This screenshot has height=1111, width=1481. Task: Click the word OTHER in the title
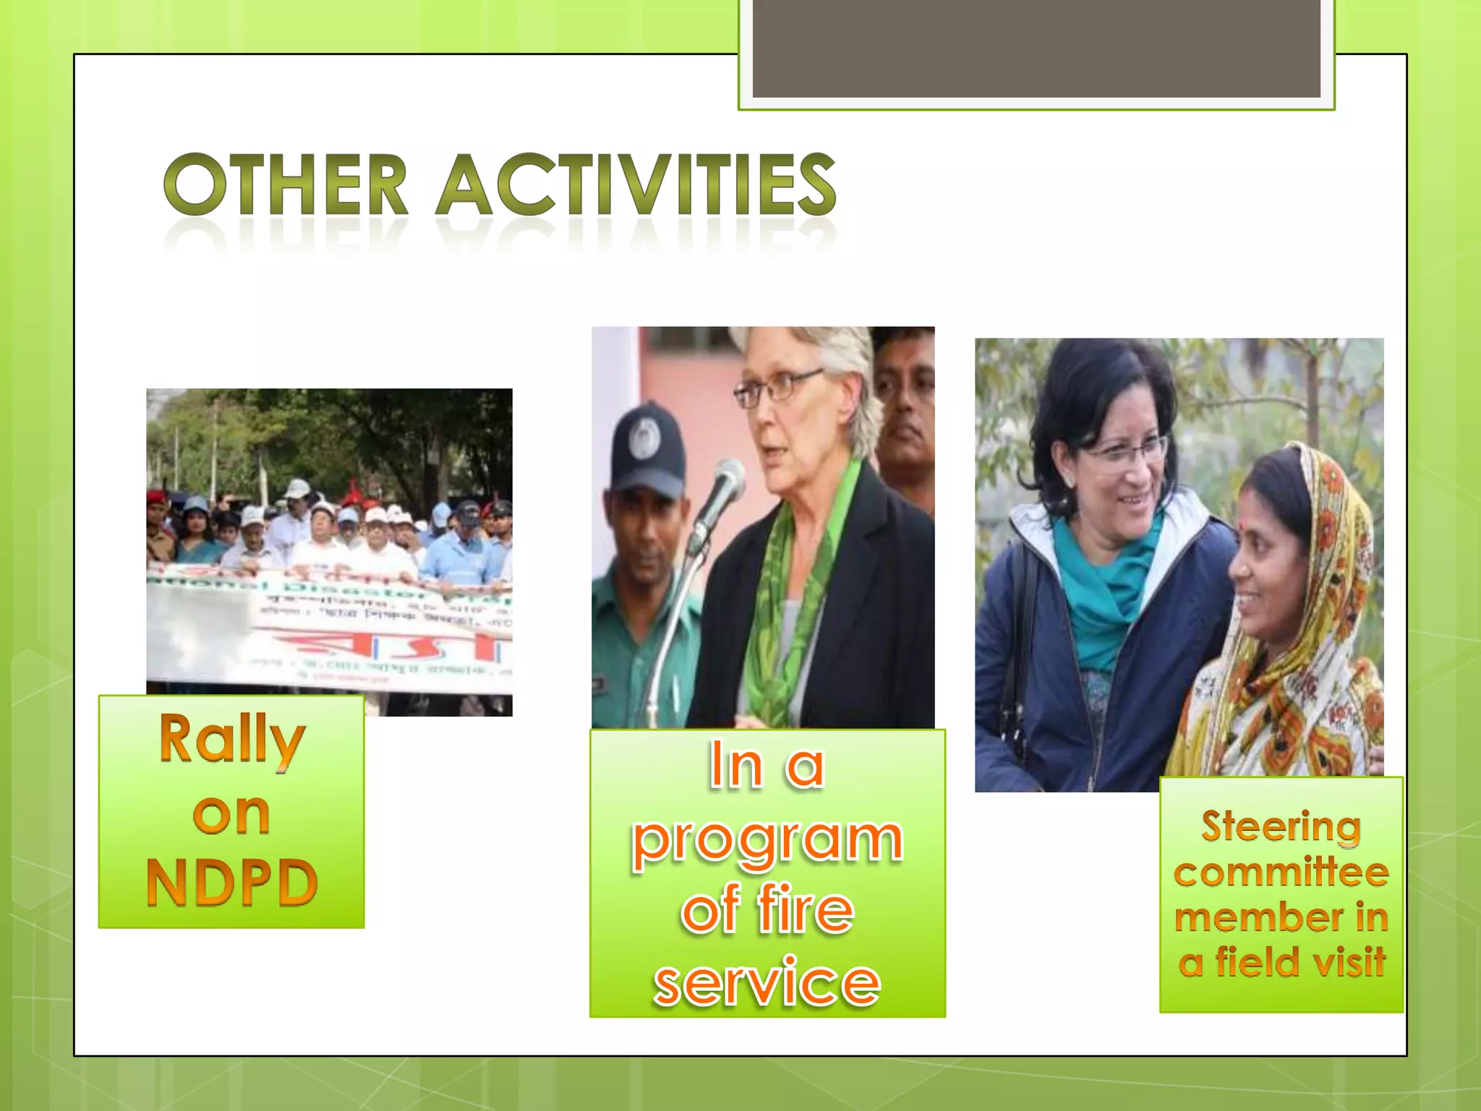(x=286, y=184)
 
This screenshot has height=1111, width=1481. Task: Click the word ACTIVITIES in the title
(x=636, y=184)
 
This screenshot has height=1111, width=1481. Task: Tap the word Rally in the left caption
(x=231, y=739)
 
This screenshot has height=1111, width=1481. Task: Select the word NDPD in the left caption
(x=231, y=882)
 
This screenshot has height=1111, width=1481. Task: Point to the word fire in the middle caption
(x=806, y=910)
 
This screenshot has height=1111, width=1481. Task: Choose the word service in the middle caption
(x=767, y=982)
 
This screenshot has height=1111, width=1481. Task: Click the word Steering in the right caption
(x=1281, y=826)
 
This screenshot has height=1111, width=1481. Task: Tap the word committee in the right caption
(x=1281, y=872)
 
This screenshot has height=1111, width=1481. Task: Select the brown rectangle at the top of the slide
(x=1036, y=48)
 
